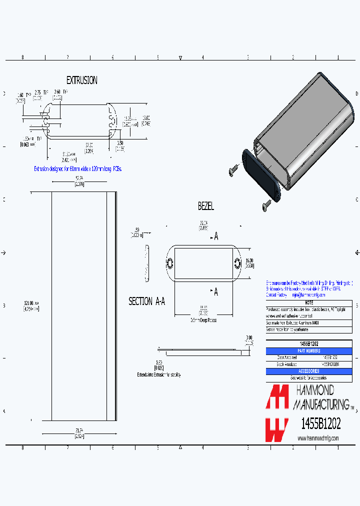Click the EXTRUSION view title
point(82,80)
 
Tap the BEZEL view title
point(206,206)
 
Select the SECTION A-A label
point(147,301)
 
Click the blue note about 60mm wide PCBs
point(78,169)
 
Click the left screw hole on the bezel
point(169,262)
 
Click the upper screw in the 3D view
point(233,171)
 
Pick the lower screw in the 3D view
point(265,205)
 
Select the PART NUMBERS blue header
point(309,351)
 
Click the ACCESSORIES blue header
point(309,371)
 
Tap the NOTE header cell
point(309,303)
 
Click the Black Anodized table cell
point(287,364)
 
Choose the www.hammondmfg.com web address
point(318,438)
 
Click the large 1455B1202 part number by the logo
point(320,424)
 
